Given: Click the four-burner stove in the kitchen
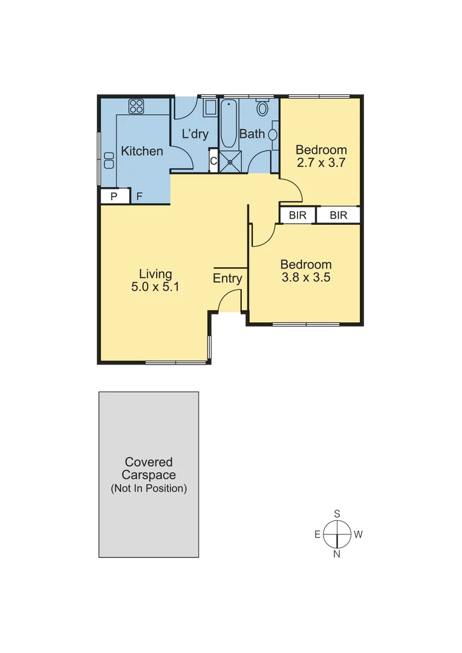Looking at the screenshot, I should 136,107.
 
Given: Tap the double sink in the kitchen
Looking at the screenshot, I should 109,160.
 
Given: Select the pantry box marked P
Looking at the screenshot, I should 114,197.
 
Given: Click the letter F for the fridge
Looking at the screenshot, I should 139,197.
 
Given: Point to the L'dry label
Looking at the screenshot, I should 195,134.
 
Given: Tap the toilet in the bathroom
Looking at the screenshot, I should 262,108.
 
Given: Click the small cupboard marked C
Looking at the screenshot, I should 213,161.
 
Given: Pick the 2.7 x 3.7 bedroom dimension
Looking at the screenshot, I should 320,163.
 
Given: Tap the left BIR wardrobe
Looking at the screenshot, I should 297,215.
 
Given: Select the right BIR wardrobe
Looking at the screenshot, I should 338,215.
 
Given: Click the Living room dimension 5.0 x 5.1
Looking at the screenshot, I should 155,287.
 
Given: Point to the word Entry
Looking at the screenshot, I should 227,278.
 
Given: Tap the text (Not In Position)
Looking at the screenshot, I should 149,488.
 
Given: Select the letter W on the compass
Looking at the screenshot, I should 358,534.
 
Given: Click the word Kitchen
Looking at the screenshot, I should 142,151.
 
